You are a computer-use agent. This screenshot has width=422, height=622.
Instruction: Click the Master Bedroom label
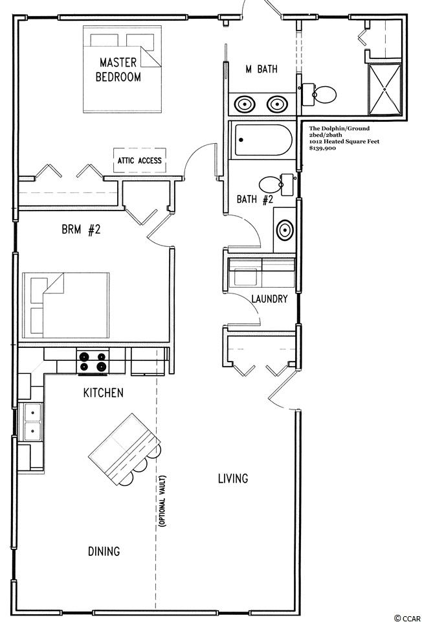tap(118, 69)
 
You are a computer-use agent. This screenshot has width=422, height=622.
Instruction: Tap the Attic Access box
tap(139, 160)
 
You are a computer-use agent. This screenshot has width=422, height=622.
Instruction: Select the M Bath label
tap(261, 69)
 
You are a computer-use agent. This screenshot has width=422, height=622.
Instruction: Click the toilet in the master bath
tap(319, 95)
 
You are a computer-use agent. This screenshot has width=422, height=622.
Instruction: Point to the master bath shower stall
tap(384, 89)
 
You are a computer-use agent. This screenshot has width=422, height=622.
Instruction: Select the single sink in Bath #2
tap(285, 230)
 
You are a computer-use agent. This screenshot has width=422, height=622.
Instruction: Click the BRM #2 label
tap(81, 229)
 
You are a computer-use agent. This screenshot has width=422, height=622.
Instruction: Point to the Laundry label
tap(269, 299)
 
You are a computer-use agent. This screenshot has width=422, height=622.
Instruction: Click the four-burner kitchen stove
tap(93, 362)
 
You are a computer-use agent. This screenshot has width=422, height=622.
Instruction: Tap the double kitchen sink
tap(32, 422)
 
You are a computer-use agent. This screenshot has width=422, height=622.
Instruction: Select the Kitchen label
tap(104, 393)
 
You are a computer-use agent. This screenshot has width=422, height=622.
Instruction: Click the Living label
tap(233, 478)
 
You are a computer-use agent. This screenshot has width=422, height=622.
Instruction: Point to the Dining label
tap(104, 551)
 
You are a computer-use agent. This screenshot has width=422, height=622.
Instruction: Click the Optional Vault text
tap(162, 501)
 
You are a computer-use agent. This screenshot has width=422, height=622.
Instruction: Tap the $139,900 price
tap(322, 148)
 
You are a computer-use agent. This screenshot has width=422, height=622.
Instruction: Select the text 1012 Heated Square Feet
tap(344, 141)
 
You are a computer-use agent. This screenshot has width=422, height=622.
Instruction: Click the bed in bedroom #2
tap(66, 305)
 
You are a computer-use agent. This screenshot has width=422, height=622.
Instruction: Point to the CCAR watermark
tap(407, 618)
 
